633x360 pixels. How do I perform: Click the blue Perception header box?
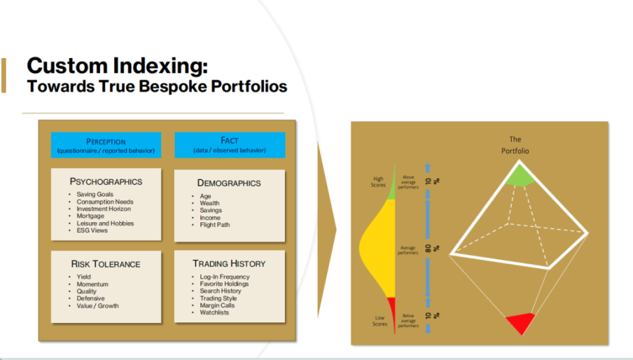click(106, 145)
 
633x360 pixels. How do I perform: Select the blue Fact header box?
click(229, 145)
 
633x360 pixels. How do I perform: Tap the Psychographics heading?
click(105, 181)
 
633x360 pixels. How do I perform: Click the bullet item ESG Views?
click(92, 231)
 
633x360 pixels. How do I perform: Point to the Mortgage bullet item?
click(90, 216)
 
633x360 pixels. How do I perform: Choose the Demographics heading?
click(229, 183)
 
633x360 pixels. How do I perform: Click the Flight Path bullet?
click(215, 225)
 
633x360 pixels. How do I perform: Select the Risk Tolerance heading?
click(105, 264)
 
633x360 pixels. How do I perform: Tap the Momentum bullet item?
click(92, 284)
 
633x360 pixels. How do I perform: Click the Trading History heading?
click(229, 264)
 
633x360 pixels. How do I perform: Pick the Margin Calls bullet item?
click(217, 305)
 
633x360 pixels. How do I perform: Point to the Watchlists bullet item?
click(214, 313)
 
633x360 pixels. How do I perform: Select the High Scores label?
click(378, 182)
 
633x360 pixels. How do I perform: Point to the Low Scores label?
click(380, 321)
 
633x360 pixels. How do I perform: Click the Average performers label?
click(407, 251)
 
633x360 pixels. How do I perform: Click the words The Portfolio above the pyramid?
click(515, 145)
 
